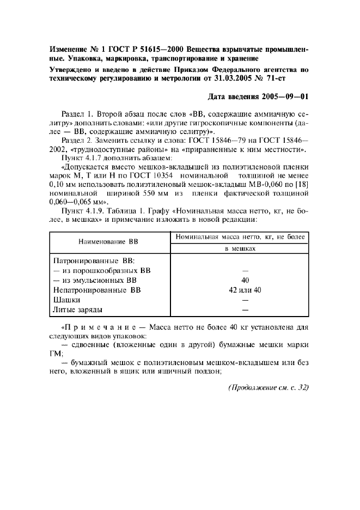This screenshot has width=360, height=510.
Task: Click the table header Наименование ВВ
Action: (109, 241)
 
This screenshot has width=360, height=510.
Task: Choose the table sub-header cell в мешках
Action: (240, 248)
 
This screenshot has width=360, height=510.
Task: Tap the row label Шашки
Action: (67, 300)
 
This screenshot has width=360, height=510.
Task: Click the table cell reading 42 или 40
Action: (245, 290)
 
